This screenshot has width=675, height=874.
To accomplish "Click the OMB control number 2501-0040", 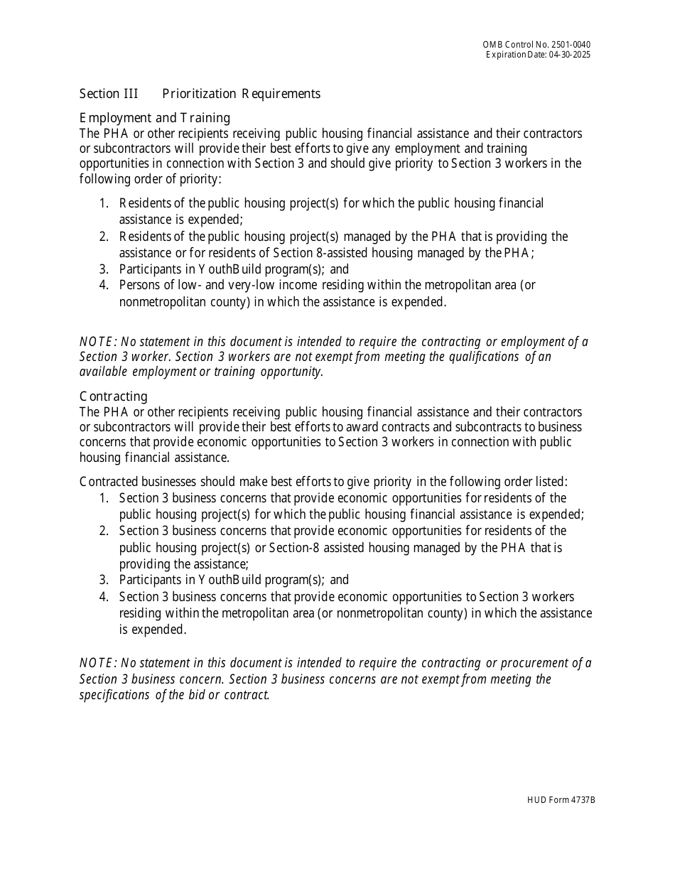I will click(572, 45).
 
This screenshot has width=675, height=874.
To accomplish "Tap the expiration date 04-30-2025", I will click(569, 55).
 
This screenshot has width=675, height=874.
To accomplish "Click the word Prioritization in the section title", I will click(201, 94).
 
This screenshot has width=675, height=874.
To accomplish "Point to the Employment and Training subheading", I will click(155, 118).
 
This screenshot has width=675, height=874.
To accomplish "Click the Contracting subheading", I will click(114, 396).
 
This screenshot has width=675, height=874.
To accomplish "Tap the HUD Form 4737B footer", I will click(561, 800).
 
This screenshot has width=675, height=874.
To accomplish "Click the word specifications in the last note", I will click(114, 695).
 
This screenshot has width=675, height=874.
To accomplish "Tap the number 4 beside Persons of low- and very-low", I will click(104, 285).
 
